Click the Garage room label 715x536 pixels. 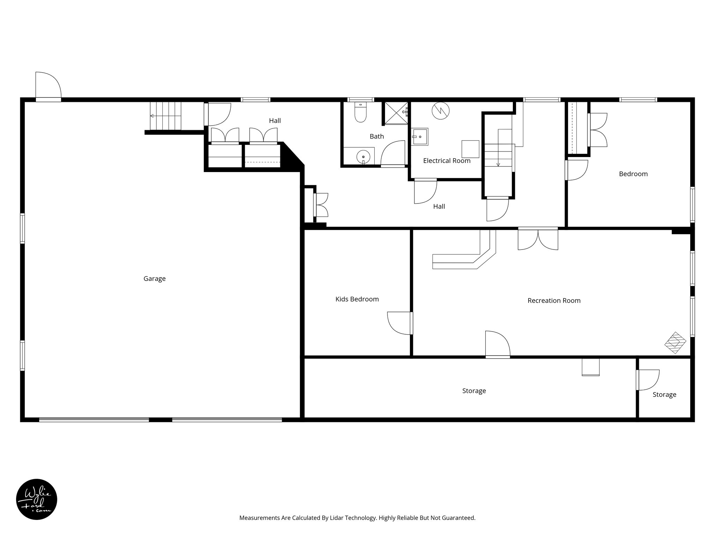click(x=154, y=279)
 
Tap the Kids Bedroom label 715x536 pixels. click(x=357, y=299)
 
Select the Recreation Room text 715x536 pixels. click(x=554, y=301)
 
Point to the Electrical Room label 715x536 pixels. click(x=447, y=161)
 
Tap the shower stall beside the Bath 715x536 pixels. click(x=396, y=113)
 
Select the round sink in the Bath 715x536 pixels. click(x=363, y=157)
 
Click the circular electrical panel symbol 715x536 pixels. click(x=440, y=111)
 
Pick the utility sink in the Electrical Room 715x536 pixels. click(x=420, y=137)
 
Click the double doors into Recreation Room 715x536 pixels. click(x=538, y=239)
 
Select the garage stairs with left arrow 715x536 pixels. click(x=165, y=116)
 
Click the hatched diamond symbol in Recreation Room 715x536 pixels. click(x=675, y=343)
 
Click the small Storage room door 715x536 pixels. click(x=648, y=380)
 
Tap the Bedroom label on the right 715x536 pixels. click(x=633, y=174)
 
